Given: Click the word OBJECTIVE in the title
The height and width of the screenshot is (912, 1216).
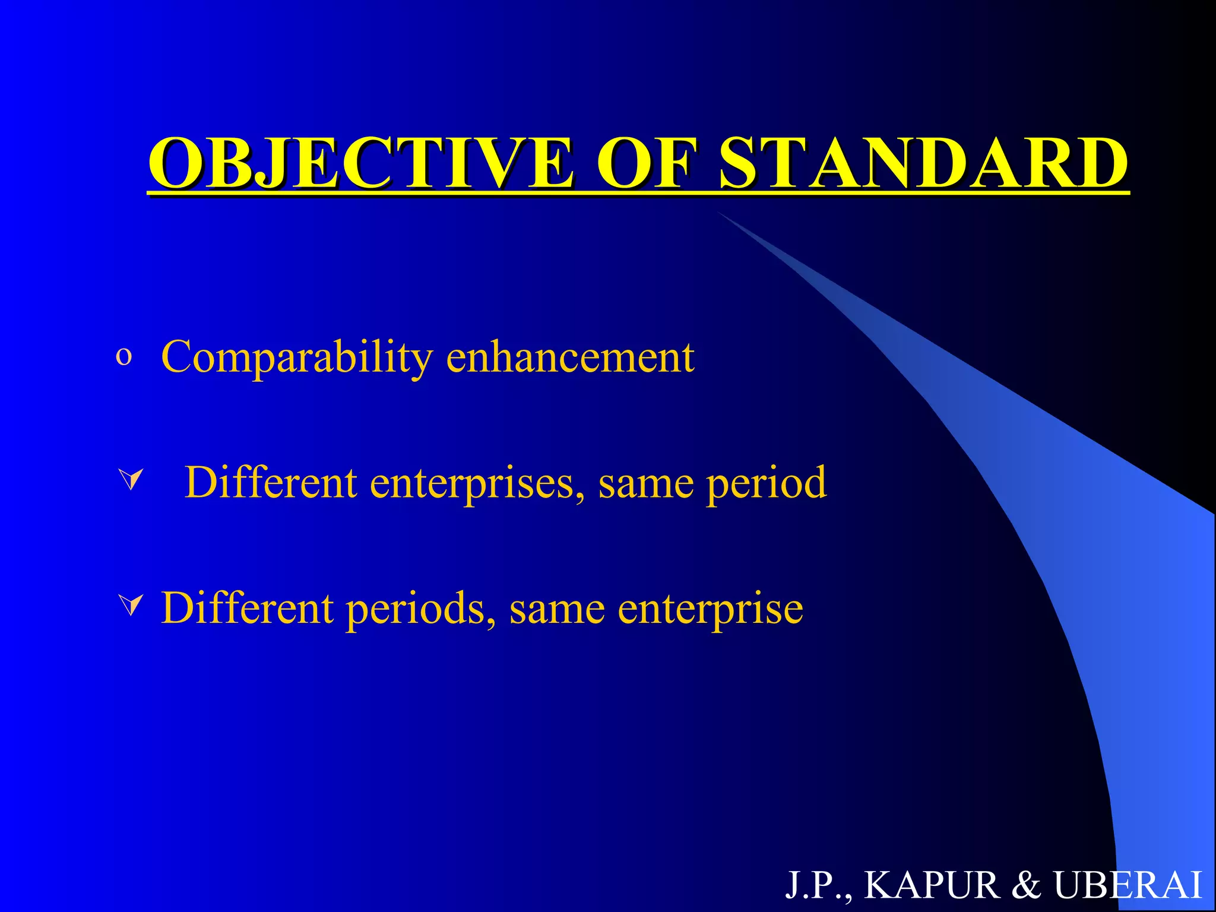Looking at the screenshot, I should coord(361,162).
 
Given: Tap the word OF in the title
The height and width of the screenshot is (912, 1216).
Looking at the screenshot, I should coord(645,162).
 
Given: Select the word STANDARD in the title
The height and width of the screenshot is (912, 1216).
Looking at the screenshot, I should coord(923,162).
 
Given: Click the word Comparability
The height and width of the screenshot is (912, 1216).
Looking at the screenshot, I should coord(297,357).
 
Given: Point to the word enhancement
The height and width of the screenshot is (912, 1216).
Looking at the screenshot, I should coord(570,357).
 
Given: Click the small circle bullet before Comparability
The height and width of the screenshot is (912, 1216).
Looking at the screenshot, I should coord(123,357).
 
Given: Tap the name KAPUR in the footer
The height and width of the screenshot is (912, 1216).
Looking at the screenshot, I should coord(932,885).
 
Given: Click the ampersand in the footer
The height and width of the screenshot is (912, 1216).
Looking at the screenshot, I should coord(1026,885).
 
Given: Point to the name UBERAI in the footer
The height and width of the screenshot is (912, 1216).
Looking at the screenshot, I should coord(1128,885).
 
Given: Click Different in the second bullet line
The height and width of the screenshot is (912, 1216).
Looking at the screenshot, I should coord(270,482).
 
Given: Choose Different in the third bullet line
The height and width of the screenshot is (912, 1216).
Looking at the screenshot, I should coord(247,608).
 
